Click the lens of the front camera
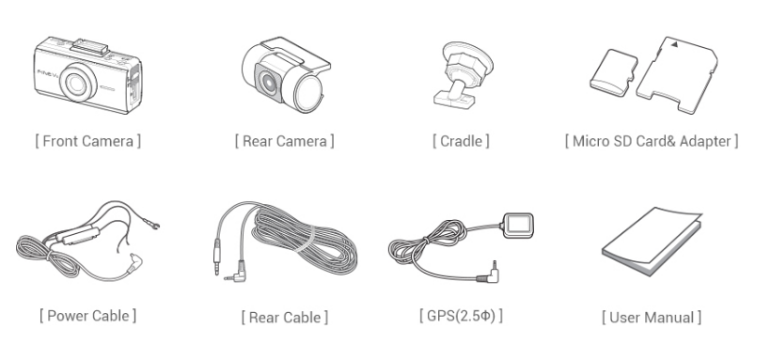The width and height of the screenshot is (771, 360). point(77,83)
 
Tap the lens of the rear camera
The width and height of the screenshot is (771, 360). point(269,82)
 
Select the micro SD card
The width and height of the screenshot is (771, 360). point(613,72)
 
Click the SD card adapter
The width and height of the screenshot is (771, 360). point(677,74)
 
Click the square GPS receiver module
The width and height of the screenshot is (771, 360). point(519,227)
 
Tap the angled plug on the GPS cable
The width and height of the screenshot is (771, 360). point(489,274)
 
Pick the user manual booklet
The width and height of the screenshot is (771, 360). point(652,241)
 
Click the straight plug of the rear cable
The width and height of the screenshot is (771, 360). point(217,256)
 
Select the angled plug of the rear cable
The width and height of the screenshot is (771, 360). point(237,273)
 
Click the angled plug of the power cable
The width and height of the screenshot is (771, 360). point(134,263)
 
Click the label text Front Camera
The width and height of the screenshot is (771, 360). point(88,141)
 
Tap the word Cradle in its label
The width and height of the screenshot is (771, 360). point(461,141)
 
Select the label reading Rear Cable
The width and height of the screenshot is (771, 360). point(285,317)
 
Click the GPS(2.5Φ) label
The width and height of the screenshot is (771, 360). point(462,315)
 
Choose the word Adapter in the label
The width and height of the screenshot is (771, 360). point(705,142)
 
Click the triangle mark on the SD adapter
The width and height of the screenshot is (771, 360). point(675,44)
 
